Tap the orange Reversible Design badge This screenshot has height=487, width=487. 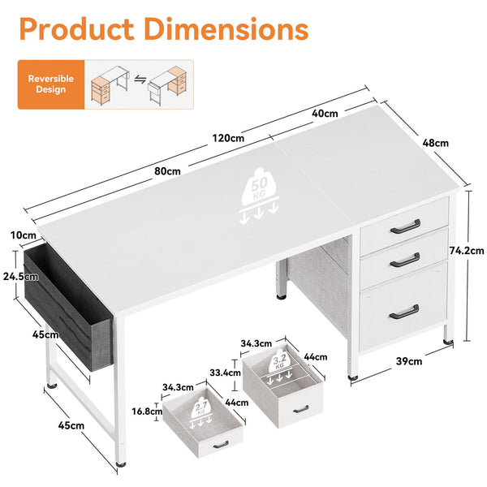tap(50, 84)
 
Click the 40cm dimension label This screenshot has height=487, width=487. tap(325, 114)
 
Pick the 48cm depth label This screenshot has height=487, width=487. tap(435, 143)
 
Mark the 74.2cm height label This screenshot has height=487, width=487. tap(468, 251)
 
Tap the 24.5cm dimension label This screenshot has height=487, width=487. tap(15, 275)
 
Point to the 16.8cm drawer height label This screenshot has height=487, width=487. tap(147, 411)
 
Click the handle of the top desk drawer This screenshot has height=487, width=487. tap(404, 228)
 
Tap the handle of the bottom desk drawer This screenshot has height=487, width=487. tap(404, 309)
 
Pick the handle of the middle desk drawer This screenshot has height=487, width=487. tap(404, 261)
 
